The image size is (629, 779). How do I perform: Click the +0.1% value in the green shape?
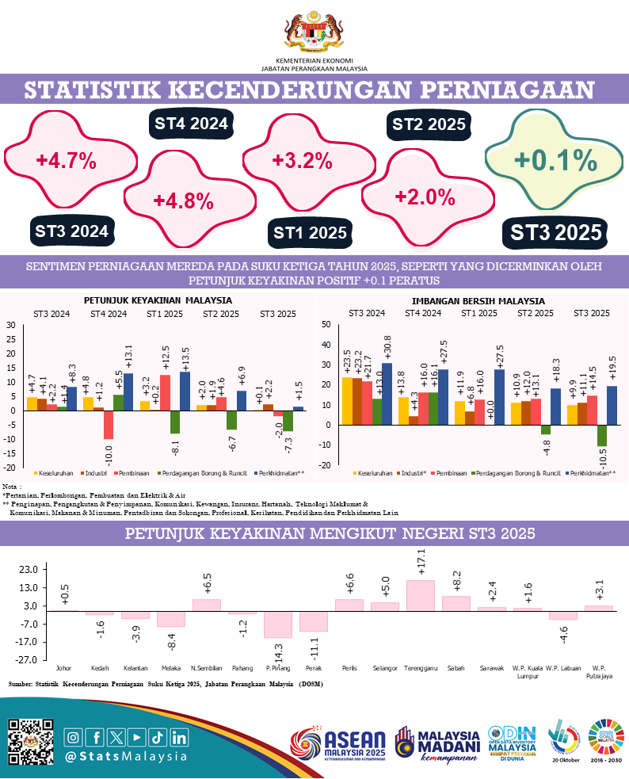(555, 161)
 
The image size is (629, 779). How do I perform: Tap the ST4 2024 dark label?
(191, 124)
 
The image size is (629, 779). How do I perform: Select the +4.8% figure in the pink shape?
(183, 200)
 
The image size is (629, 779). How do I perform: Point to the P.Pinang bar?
(278, 624)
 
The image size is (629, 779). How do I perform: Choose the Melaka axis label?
(172, 668)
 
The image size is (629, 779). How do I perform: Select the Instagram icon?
(73, 737)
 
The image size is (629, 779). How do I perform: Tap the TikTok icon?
(158, 737)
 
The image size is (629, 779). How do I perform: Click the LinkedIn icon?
(179, 737)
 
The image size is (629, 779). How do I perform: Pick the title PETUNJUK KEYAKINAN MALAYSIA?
(158, 301)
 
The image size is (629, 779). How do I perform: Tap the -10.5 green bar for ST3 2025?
(602, 435)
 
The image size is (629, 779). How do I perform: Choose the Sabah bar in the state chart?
(456, 603)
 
